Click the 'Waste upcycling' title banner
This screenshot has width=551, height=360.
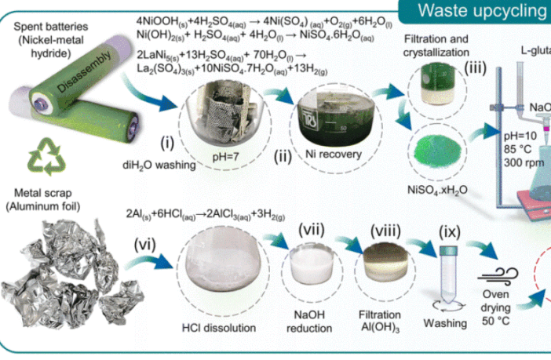487,11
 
